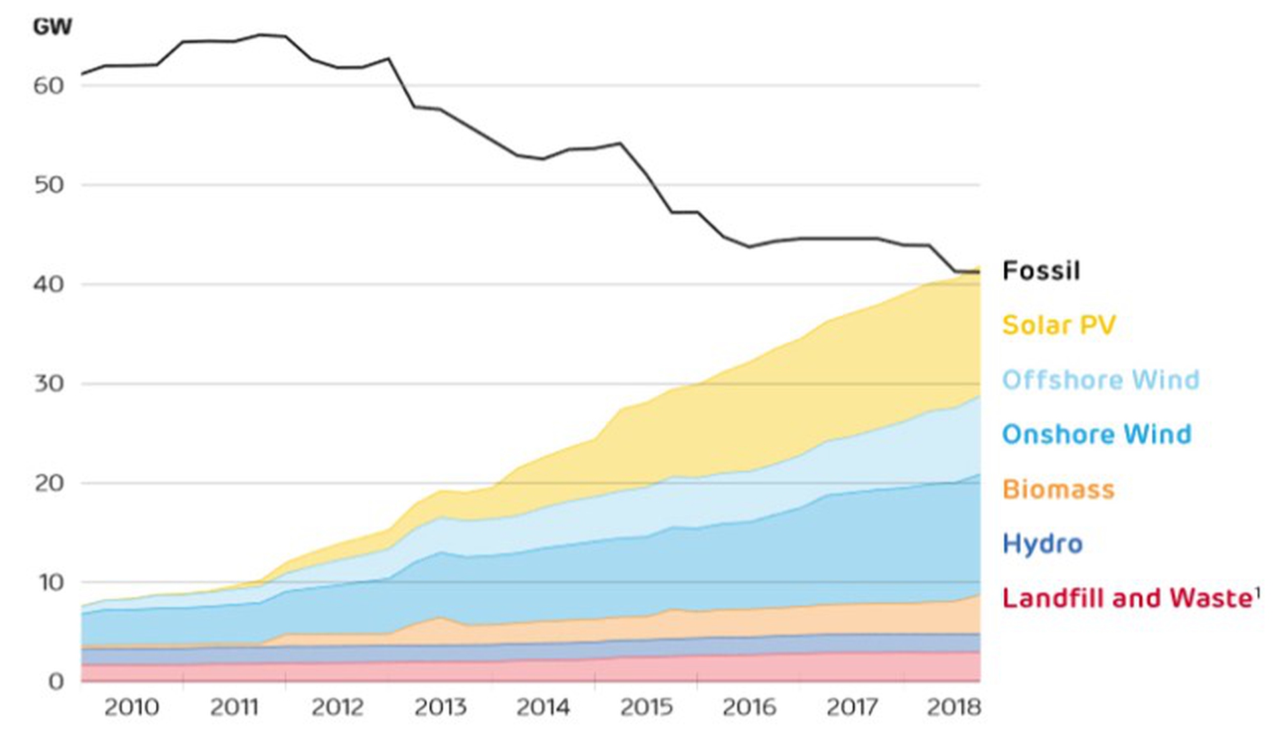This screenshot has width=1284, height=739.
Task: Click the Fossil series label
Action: point(1041,271)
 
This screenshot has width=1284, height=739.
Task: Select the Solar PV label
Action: point(1059,326)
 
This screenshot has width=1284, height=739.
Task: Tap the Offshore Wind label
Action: point(1100,380)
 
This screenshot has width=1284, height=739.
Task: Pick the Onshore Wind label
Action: point(1096,435)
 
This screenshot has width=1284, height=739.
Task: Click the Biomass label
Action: point(1058,490)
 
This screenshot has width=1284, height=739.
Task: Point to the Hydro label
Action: point(1042,544)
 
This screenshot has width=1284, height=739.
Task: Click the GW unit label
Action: point(52,27)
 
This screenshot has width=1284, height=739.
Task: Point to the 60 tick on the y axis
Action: point(48,86)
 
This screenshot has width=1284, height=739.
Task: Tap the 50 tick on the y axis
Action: point(48,185)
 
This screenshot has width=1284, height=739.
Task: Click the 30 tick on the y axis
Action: point(48,384)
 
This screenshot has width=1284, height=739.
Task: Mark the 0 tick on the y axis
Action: point(56,682)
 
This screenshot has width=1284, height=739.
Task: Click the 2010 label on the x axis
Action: point(131,708)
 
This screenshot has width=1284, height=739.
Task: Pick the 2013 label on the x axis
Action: point(440,708)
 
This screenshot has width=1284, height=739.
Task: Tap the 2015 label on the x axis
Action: point(646,708)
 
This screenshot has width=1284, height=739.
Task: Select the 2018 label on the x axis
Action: point(954,708)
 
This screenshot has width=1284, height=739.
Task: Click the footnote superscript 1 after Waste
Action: point(1257,592)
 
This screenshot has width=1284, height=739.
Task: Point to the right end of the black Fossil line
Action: point(979,272)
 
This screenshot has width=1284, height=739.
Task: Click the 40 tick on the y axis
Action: point(48,284)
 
